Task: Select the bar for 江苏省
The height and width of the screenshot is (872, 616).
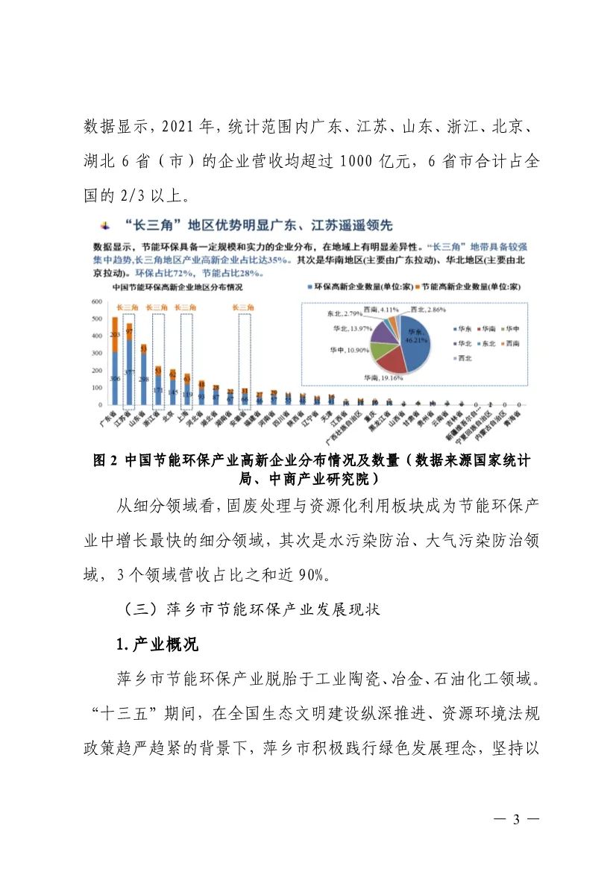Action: (129, 366)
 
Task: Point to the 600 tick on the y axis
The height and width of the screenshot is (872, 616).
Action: (97, 301)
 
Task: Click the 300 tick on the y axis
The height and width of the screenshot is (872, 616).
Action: (97, 354)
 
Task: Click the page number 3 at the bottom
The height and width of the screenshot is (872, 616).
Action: (515, 820)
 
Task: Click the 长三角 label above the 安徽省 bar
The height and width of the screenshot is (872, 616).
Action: (244, 307)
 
